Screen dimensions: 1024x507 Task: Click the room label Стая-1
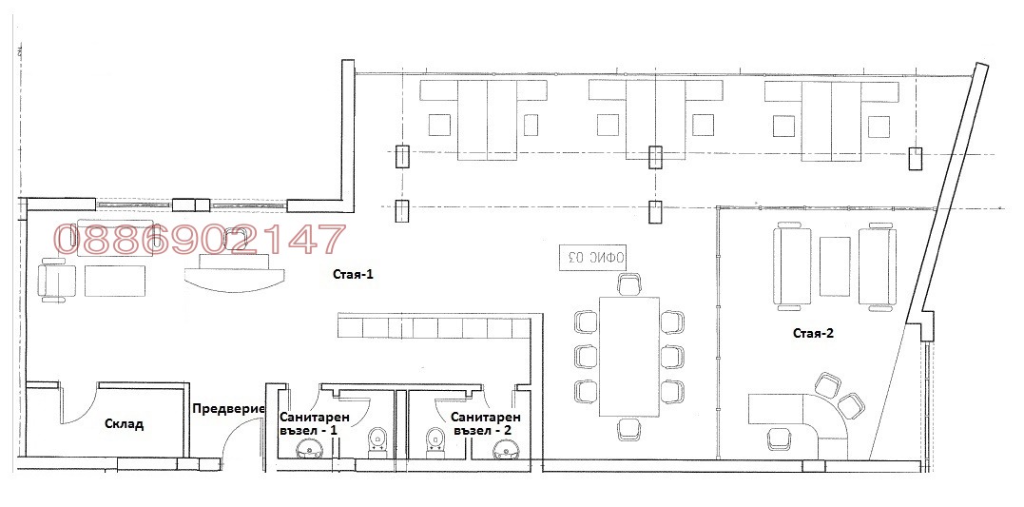click(x=353, y=275)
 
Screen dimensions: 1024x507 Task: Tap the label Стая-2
click(x=814, y=333)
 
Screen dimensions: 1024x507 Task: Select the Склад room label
click(x=125, y=424)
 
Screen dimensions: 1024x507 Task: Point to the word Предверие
click(x=228, y=409)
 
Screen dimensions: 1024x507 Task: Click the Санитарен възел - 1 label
click(x=315, y=423)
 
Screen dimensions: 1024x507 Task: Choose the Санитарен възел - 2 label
click(x=485, y=423)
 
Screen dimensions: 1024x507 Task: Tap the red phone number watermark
click(x=199, y=240)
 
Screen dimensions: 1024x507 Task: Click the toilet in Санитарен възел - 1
click(x=377, y=440)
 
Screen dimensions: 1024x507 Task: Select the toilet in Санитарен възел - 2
click(x=435, y=440)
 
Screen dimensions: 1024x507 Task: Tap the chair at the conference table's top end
click(x=629, y=284)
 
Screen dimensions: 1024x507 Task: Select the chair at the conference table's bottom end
click(x=629, y=429)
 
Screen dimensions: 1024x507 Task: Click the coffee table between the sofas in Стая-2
click(x=835, y=266)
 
